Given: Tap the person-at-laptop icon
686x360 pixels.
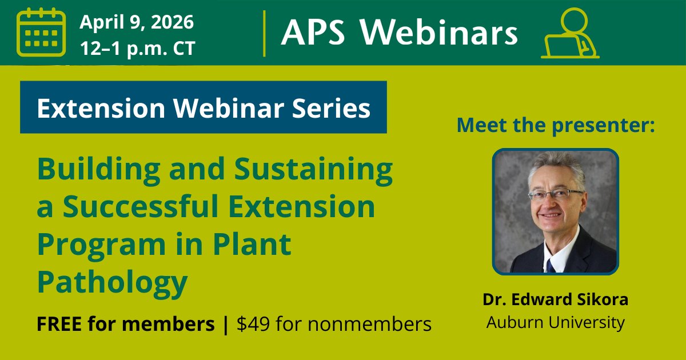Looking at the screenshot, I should (x=569, y=34).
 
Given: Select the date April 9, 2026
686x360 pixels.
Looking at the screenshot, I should (x=137, y=22).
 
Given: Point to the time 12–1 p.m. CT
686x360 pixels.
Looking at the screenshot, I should (x=138, y=49).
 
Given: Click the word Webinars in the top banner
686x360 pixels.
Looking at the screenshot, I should (x=439, y=33).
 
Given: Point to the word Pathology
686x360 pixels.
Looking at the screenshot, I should (x=112, y=282).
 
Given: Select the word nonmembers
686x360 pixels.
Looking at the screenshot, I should (x=366, y=325).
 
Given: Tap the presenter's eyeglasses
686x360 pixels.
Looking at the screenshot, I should (x=555, y=194).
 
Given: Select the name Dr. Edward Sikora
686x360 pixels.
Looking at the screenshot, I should (x=555, y=299).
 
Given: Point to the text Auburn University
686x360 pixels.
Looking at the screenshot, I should (x=555, y=322).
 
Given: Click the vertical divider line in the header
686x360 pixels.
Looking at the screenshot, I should (x=264, y=33).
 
